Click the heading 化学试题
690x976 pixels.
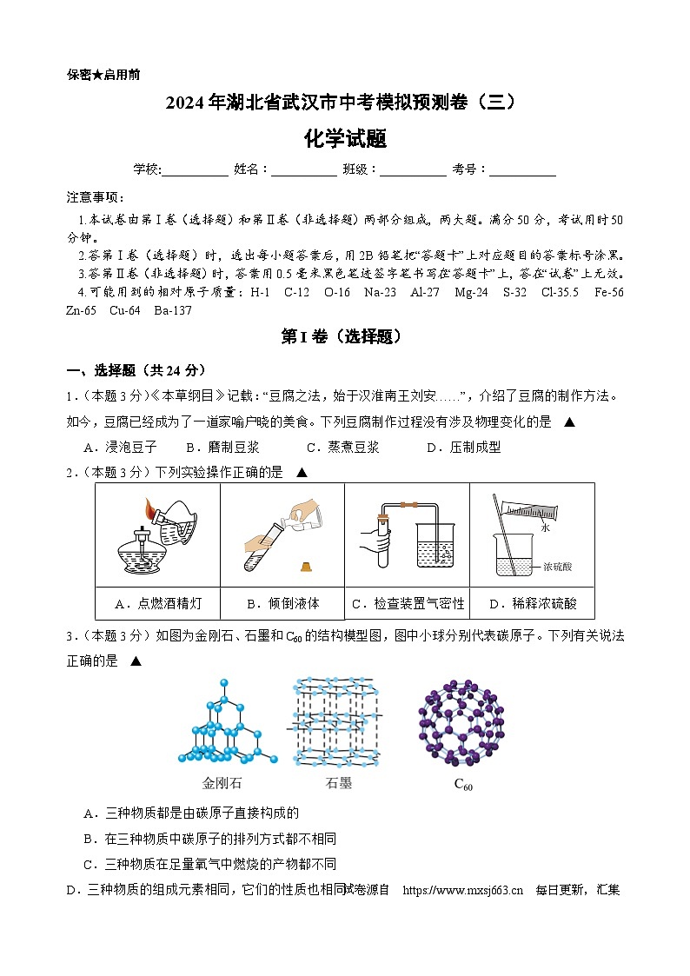coord(345,138)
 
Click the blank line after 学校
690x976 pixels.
coord(195,171)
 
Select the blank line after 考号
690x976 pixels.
coord(522,171)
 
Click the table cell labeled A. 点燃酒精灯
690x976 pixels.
coord(158,603)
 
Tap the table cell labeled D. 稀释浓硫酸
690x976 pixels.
coord(532,603)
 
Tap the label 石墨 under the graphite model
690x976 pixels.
coord(338,783)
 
